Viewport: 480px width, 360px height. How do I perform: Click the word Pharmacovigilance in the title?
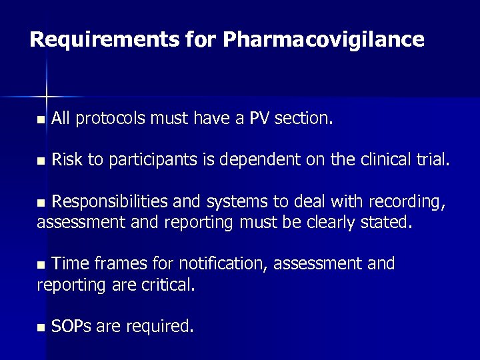(323, 40)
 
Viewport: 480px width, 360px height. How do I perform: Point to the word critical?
(168, 285)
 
